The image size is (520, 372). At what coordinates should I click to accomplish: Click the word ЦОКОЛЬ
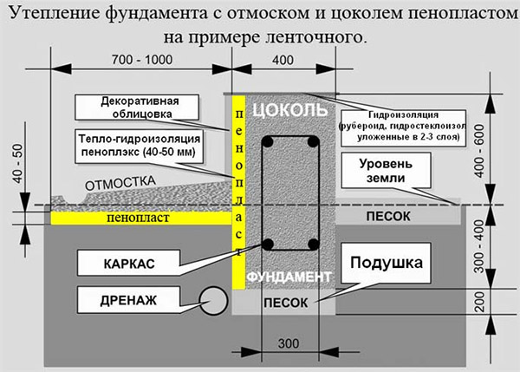point(289,111)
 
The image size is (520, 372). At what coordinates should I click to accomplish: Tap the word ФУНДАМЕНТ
point(289,277)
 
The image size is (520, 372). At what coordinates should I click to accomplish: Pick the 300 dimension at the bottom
point(286,344)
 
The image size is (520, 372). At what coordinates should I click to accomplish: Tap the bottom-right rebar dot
point(310,244)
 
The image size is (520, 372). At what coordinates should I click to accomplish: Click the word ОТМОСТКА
point(119,185)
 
